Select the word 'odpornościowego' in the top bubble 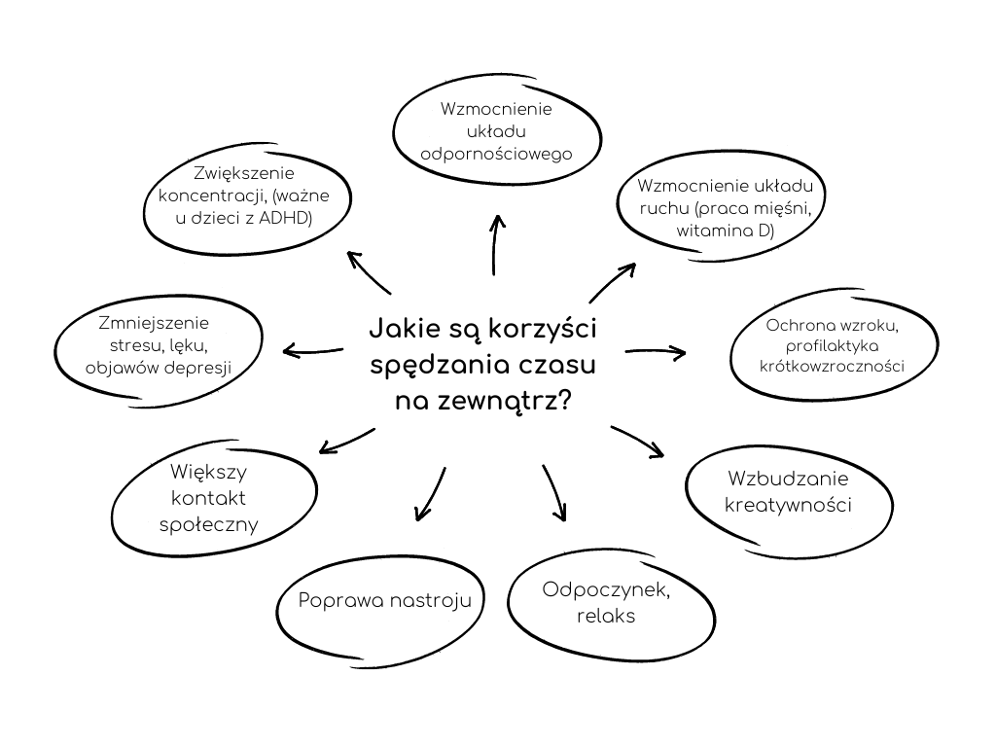496,153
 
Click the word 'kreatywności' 789,505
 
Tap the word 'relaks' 605,616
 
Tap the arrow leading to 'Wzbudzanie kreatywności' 638,440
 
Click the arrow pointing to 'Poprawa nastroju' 430,494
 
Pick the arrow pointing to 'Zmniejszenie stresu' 312,350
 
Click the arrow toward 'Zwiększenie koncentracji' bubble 370,273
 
